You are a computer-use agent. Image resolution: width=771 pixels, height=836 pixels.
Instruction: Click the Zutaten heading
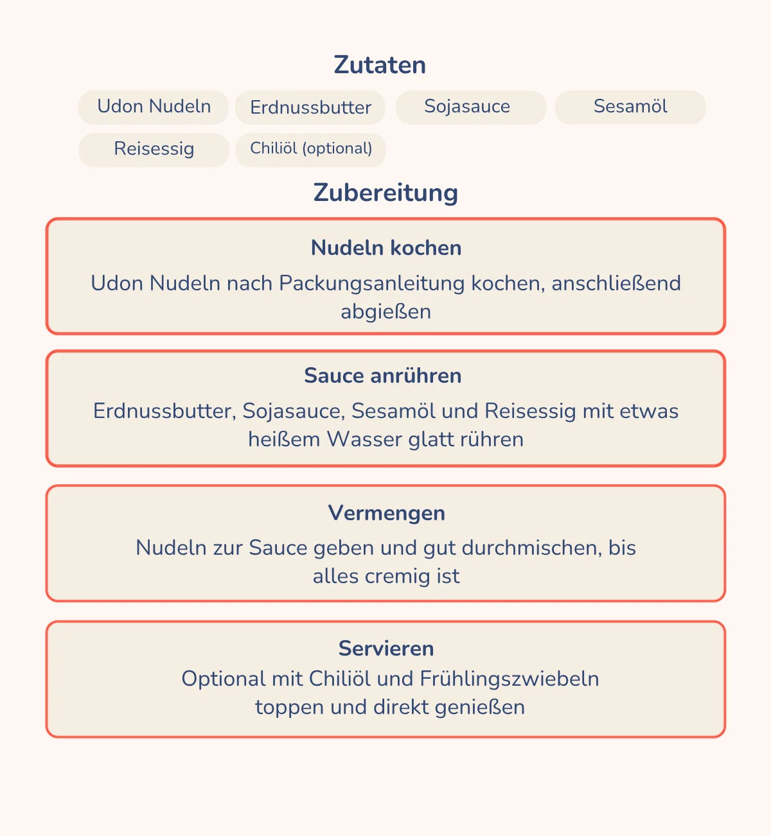click(380, 65)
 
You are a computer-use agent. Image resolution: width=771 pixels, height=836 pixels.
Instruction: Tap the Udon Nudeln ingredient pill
click(154, 107)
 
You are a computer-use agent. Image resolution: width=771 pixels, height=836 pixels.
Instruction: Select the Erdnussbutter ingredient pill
click(310, 107)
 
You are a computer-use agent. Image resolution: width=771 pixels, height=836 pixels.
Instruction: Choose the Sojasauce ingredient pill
click(467, 107)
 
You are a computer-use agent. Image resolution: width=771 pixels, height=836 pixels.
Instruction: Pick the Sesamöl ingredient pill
click(630, 107)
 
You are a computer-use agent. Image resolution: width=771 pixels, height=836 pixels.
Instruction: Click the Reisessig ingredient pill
click(154, 149)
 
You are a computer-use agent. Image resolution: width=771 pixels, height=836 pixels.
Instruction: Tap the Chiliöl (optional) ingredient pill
click(311, 149)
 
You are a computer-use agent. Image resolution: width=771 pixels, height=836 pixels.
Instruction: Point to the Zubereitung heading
click(385, 193)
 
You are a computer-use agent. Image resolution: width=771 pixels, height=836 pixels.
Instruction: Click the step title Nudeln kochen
click(386, 248)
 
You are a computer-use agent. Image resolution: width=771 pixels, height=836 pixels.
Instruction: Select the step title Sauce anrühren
click(383, 376)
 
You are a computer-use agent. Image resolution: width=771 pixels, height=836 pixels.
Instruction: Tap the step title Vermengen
click(386, 513)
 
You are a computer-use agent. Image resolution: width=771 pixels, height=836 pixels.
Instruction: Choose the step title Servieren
click(386, 649)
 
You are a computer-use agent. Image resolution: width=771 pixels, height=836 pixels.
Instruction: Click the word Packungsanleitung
click(371, 283)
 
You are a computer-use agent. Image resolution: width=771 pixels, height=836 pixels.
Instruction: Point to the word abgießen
click(385, 312)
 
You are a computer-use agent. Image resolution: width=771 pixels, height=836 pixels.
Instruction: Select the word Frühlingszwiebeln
click(510, 679)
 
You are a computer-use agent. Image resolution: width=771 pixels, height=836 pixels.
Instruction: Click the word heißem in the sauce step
click(284, 439)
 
